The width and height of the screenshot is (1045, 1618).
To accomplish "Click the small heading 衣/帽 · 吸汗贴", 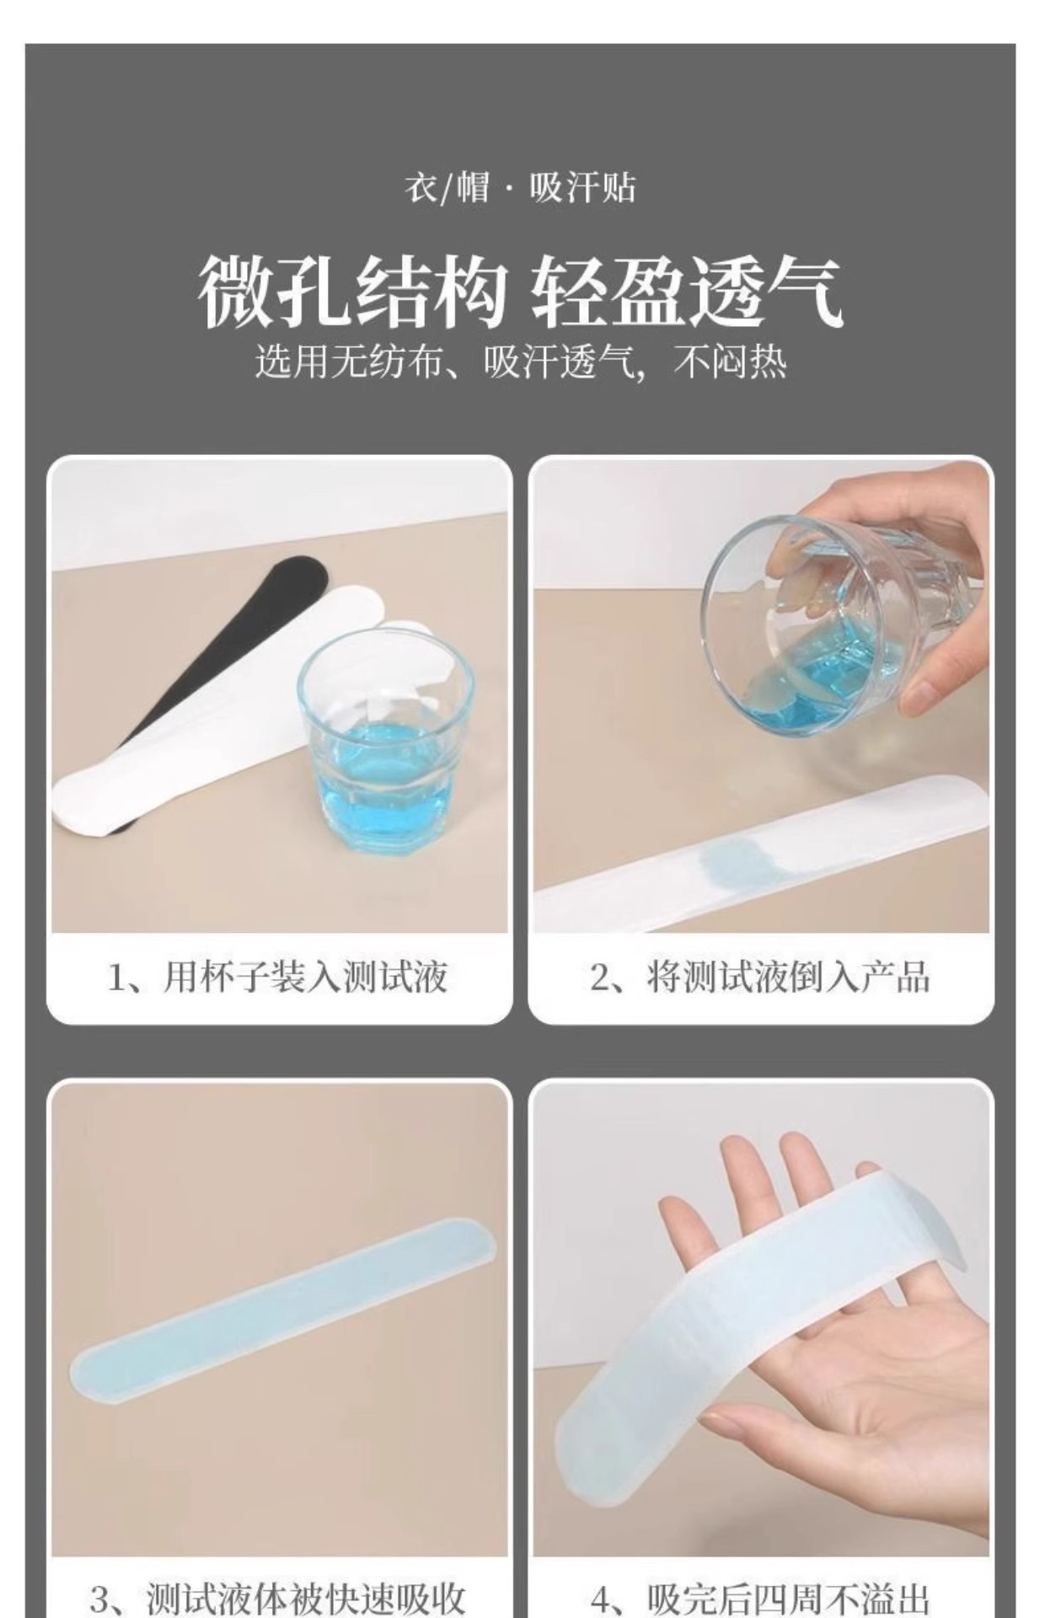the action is (x=520, y=187).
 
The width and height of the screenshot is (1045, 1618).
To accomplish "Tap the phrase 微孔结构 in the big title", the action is (x=353, y=292).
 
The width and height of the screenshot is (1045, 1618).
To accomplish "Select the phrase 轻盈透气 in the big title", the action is (x=688, y=292).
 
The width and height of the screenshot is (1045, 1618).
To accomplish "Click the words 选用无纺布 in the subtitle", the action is (x=349, y=364).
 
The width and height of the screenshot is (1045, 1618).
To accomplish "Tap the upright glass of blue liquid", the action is (x=385, y=742).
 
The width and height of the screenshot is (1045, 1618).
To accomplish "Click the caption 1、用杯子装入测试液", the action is (x=278, y=978).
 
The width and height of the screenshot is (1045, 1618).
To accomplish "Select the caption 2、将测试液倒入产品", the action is (x=760, y=978).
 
